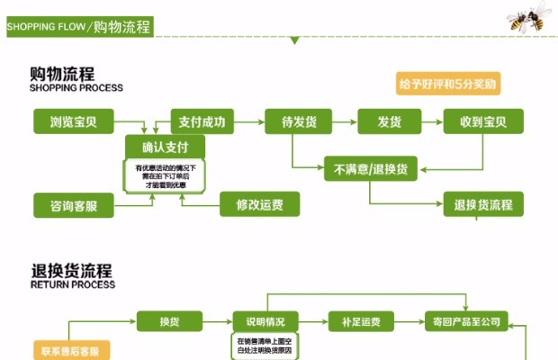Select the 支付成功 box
[x=202, y=121]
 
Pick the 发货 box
[x=390, y=121]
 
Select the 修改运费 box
[x=259, y=205]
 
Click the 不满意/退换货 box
[x=371, y=168]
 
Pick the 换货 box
[x=168, y=321]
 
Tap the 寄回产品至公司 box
[x=467, y=321]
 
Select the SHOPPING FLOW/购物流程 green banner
[x=77, y=27]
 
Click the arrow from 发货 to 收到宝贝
[x=432, y=121]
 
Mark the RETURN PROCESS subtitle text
[x=73, y=284]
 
